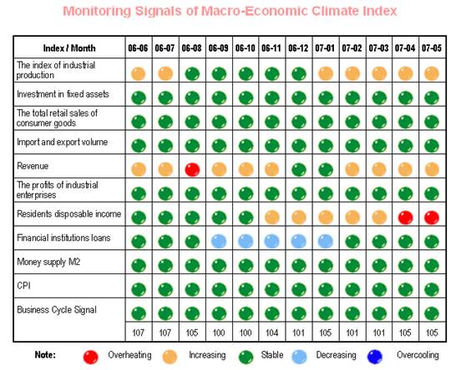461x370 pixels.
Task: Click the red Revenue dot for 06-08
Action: click(x=192, y=170)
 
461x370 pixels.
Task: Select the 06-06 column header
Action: click(x=138, y=47)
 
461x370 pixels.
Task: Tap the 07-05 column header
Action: click(x=432, y=47)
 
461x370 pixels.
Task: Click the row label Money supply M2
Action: click(x=48, y=262)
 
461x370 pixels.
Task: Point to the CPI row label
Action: click(x=24, y=285)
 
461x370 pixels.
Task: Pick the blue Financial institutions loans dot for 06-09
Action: click(x=219, y=242)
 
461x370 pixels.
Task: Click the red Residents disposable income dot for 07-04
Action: click(x=405, y=217)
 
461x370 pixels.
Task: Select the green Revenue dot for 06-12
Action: click(x=299, y=170)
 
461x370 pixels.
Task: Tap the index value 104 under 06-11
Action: click(x=271, y=332)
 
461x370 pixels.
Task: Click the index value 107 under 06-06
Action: click(x=138, y=332)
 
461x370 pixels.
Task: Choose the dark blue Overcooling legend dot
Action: click(x=375, y=357)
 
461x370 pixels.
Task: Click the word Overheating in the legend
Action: click(x=129, y=355)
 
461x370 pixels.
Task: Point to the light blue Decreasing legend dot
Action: click(x=299, y=357)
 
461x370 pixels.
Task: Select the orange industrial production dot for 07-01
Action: click(x=326, y=73)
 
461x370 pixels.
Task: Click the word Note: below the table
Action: click(x=45, y=355)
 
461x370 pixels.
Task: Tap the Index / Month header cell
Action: click(x=69, y=47)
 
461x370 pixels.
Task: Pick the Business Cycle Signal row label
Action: click(x=57, y=310)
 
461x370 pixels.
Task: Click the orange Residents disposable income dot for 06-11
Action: click(x=272, y=217)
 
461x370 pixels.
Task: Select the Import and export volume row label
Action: click(x=63, y=142)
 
